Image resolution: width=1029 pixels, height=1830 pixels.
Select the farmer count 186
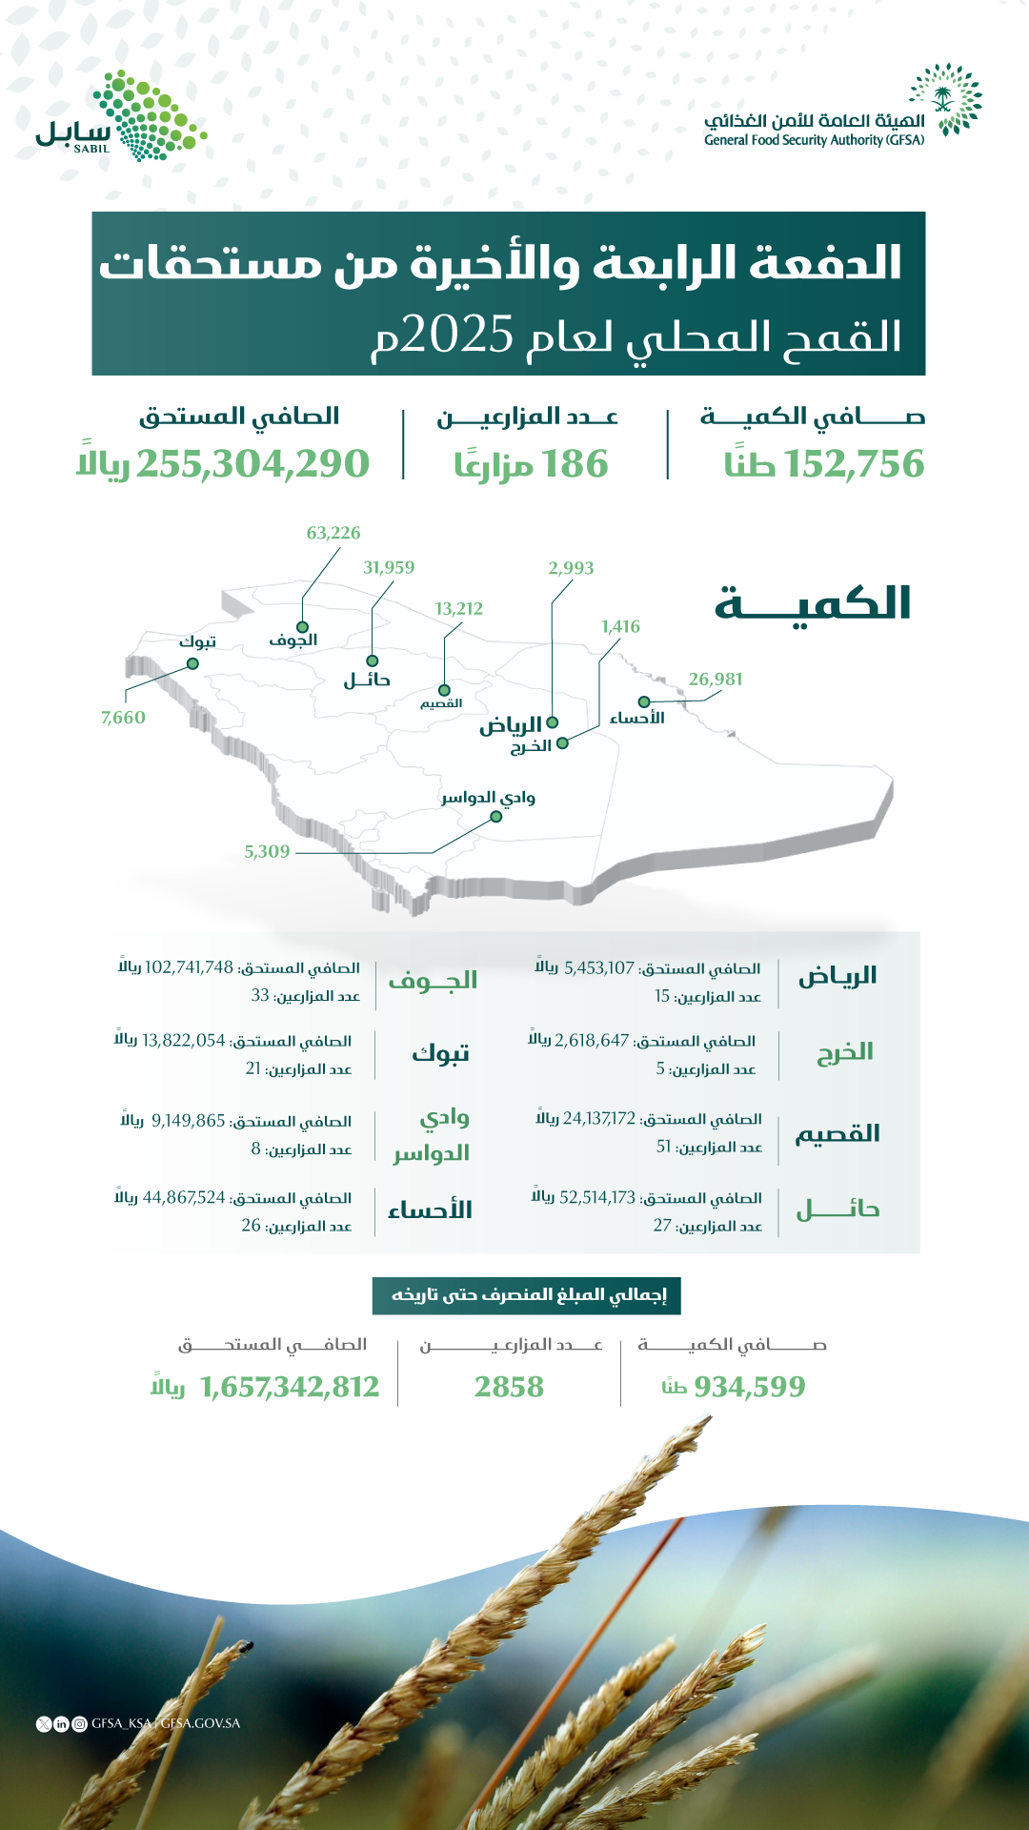(x=575, y=464)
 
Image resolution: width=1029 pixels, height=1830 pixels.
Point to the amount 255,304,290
(x=252, y=464)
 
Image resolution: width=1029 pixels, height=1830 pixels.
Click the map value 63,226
(x=333, y=533)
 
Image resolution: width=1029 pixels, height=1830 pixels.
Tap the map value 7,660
(x=123, y=718)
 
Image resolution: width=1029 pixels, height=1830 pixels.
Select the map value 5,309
(x=267, y=852)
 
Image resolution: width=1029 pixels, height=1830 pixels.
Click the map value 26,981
(x=716, y=680)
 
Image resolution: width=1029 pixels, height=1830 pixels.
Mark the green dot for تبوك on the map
(x=192, y=663)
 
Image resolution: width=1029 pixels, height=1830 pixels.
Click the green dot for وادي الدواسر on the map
(x=495, y=817)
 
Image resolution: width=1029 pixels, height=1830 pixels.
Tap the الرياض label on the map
(x=510, y=725)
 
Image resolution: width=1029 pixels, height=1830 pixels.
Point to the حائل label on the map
(x=367, y=680)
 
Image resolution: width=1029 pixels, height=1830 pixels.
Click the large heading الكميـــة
(x=813, y=604)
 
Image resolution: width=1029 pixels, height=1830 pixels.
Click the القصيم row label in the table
(x=837, y=1134)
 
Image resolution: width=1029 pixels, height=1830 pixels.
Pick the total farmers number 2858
(x=509, y=1387)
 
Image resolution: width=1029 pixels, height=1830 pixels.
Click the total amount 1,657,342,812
(x=290, y=1387)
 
